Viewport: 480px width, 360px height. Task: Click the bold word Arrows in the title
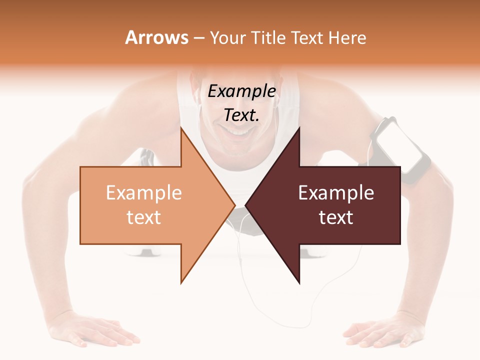click(156, 38)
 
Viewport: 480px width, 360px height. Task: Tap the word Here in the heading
click(348, 38)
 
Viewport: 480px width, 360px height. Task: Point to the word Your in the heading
click(228, 38)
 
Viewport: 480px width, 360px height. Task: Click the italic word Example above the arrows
click(241, 91)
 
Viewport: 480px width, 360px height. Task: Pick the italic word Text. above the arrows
click(241, 115)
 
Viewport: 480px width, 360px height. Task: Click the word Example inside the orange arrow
click(144, 193)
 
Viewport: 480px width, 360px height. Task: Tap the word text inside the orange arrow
click(144, 217)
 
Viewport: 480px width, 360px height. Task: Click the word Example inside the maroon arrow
click(336, 193)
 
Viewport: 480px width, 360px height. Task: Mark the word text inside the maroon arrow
click(336, 217)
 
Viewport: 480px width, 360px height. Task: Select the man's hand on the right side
click(385, 330)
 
